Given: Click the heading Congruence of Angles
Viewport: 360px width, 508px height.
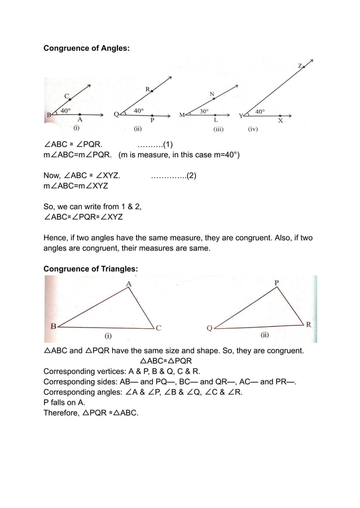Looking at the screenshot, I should [86, 49].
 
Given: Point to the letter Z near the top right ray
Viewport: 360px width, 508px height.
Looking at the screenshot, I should [300, 66].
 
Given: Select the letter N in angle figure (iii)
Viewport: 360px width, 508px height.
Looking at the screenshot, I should [212, 94].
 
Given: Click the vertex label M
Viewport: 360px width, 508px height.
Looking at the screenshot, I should [182, 115].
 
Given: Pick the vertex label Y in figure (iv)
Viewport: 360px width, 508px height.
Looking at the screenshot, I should [242, 116].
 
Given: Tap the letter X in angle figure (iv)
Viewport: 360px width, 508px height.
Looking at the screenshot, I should [280, 120].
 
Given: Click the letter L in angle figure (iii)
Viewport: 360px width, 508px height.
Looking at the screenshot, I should [216, 120].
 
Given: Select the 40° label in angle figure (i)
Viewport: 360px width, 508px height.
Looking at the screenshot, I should [65, 111].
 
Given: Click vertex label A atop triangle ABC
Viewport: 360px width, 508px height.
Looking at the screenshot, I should [129, 284].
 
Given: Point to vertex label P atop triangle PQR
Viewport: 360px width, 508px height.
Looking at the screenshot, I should [276, 282].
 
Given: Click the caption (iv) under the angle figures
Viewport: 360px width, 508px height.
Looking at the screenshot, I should [253, 129].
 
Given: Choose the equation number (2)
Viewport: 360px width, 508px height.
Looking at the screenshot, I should [191, 175].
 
